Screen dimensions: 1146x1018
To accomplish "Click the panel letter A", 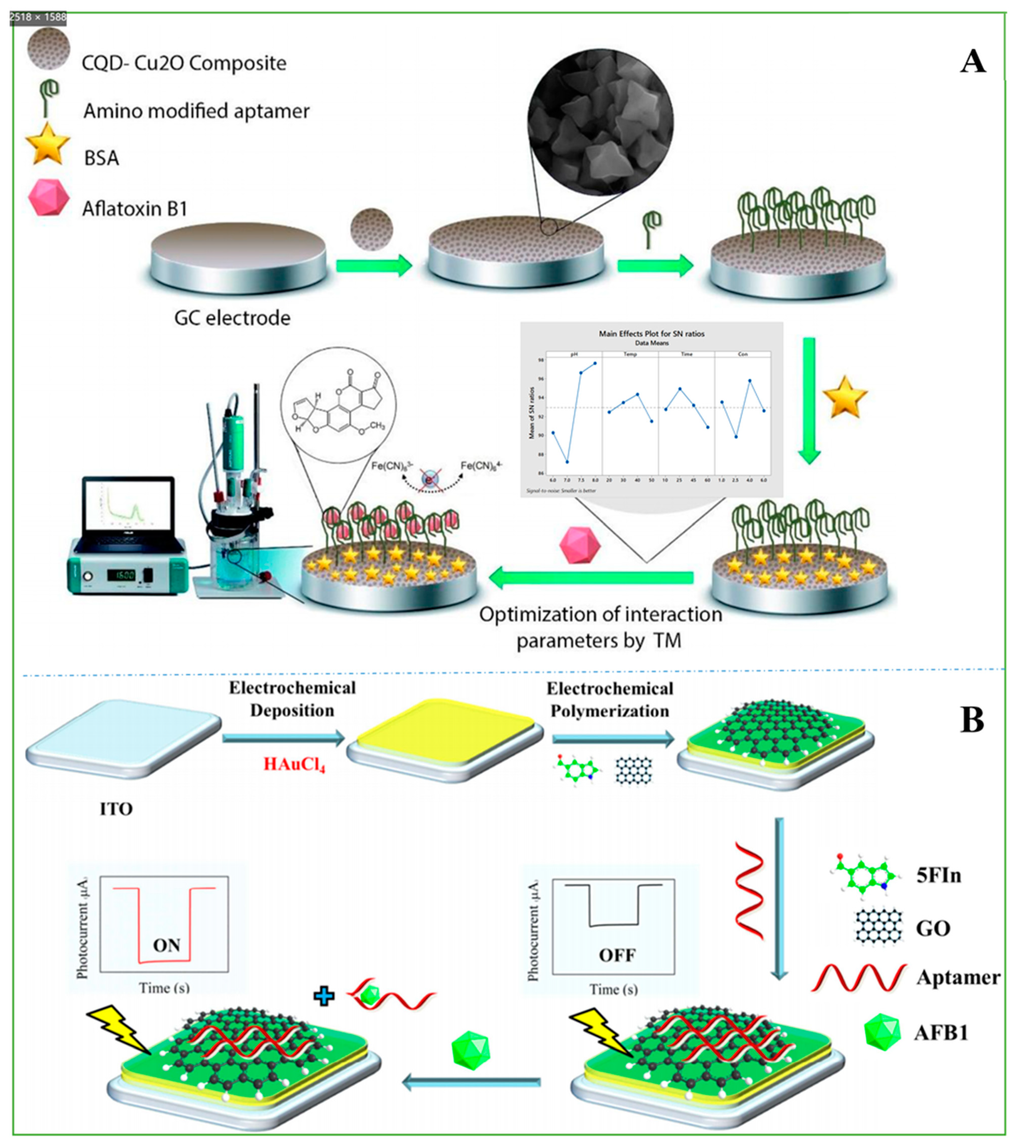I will (973, 62).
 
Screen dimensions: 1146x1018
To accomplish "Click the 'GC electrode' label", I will (232, 318).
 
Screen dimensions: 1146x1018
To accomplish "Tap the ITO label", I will (116, 809).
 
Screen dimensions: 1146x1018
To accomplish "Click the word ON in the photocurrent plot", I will (166, 945).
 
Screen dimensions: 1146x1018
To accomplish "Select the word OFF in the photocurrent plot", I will (617, 955).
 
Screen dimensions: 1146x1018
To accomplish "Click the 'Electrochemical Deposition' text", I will (292, 699).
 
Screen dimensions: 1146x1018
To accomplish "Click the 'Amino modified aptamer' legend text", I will (196, 111).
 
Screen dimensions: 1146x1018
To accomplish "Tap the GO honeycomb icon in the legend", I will (879, 928).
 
